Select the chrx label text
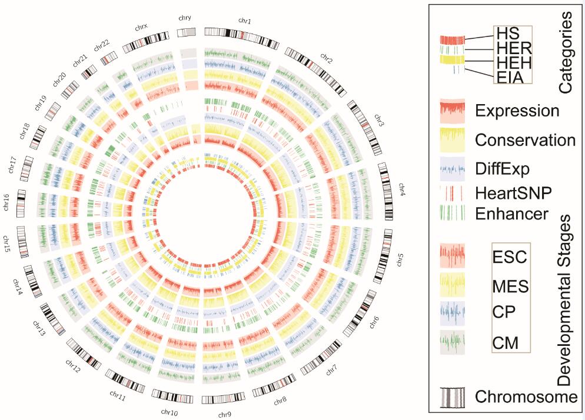point(141,27)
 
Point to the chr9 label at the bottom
point(224,414)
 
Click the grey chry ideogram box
point(187,34)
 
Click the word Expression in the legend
point(517,111)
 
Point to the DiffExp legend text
point(503,169)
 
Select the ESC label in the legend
point(511,257)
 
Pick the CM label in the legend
point(506,342)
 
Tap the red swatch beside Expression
point(452,111)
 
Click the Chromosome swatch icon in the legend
point(452,397)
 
